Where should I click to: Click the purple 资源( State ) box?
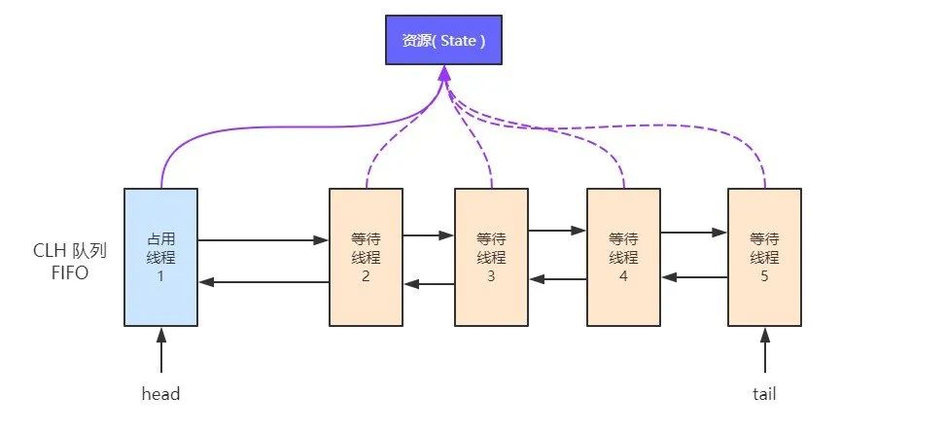pyautogui.click(x=443, y=40)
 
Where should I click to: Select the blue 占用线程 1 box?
pyautogui.click(x=161, y=257)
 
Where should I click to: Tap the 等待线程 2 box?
pyautogui.click(x=366, y=257)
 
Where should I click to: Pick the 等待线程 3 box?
pyautogui.click(x=491, y=257)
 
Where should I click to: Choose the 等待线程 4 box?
pyautogui.click(x=623, y=257)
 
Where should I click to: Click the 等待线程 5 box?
pyautogui.click(x=764, y=257)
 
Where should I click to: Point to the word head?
pyautogui.click(x=161, y=394)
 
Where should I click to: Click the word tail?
pyautogui.click(x=764, y=394)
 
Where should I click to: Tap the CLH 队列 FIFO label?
pyautogui.click(x=70, y=262)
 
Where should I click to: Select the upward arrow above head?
pyautogui.click(x=161, y=350)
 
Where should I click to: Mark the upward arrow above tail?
pyautogui.click(x=765, y=350)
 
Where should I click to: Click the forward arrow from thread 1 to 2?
pyautogui.click(x=263, y=240)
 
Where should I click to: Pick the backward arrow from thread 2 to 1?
pyautogui.click(x=263, y=281)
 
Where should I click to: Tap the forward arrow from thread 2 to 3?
pyautogui.click(x=429, y=235)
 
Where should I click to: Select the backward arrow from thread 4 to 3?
pyautogui.click(x=558, y=279)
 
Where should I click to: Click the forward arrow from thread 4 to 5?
pyautogui.click(x=694, y=232)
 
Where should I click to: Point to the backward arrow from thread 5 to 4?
pyautogui.click(x=694, y=277)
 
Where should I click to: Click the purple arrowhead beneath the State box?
pyautogui.click(x=444, y=73)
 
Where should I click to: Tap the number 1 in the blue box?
pyautogui.click(x=161, y=276)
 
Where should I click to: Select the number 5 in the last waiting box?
pyautogui.click(x=764, y=276)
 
